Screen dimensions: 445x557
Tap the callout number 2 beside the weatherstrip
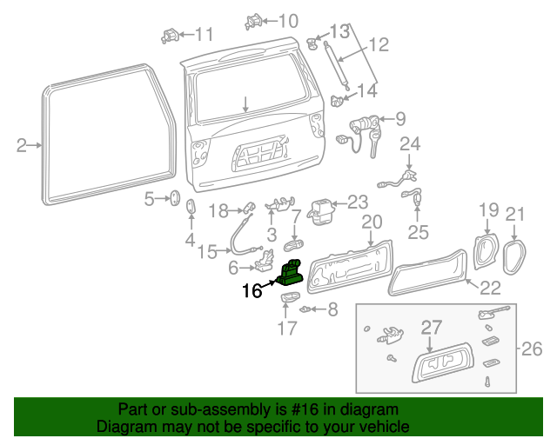(22, 145)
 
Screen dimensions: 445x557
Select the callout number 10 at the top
(287, 20)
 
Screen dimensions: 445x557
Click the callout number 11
(204, 35)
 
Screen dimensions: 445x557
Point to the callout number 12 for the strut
(379, 45)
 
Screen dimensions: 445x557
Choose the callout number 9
(399, 118)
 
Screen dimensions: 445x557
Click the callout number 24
(410, 143)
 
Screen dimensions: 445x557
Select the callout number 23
(358, 202)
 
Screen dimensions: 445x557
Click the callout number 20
(372, 222)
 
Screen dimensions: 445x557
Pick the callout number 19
(488, 209)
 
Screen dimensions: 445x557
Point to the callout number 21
(516, 214)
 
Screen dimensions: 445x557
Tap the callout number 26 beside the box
(531, 349)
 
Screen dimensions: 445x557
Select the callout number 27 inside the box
(433, 328)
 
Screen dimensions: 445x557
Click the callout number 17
(287, 328)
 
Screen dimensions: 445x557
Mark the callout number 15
(207, 252)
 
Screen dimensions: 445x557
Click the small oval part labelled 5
(172, 200)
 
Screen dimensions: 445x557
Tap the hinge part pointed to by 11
(171, 36)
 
